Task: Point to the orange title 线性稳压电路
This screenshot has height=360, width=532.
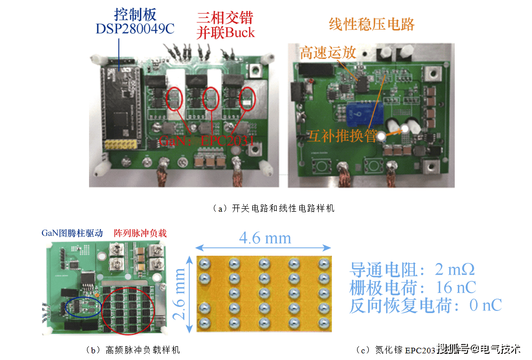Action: tap(371, 24)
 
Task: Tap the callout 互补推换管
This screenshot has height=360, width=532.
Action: tap(342, 136)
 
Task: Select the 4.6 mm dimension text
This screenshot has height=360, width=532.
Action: tap(265, 238)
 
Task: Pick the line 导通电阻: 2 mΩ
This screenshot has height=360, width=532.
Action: tap(412, 269)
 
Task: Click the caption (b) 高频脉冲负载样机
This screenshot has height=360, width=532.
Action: tap(133, 350)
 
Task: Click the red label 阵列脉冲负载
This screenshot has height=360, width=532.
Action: tap(140, 233)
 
